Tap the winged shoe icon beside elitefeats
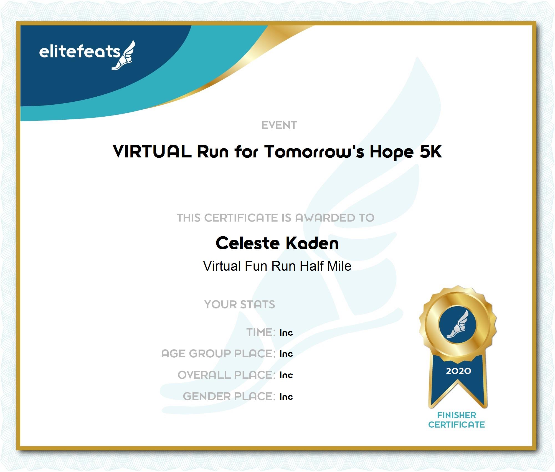coord(123,55)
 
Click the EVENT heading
coord(279,125)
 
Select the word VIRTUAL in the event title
coord(152,152)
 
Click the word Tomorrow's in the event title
coord(314,152)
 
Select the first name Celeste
coord(248,243)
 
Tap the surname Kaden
coord(312,243)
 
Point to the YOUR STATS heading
coord(240,305)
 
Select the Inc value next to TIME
coord(286,333)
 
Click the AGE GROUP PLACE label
coord(218,354)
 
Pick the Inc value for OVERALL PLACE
coord(286,375)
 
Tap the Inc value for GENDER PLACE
coord(286,397)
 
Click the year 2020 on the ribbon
coord(458,371)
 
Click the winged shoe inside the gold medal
coord(458,324)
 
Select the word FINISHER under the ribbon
coord(457,415)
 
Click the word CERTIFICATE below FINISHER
coord(457,425)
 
